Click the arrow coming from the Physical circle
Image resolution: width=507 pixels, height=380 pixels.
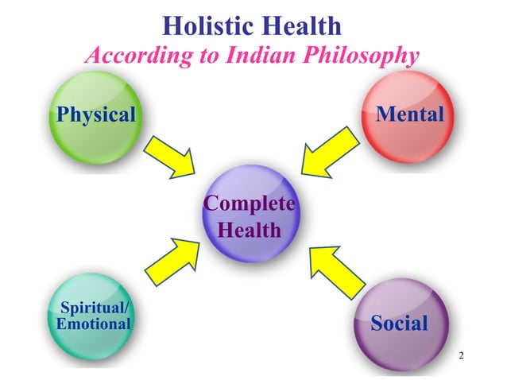coord(171,154)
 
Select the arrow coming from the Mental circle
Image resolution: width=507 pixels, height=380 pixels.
coord(329,154)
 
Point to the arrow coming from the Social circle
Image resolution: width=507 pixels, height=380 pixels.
coord(334,268)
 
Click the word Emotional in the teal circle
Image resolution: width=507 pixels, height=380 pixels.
coord(93,324)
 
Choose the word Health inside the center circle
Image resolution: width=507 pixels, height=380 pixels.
coord(250,231)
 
